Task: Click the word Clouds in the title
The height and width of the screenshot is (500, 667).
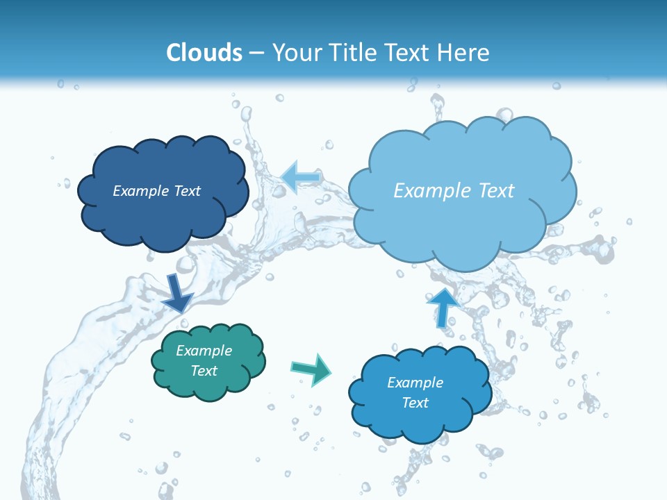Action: [x=204, y=53]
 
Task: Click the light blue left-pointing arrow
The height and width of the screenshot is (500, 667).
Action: [x=300, y=177]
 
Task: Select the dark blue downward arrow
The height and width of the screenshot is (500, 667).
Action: [x=177, y=292]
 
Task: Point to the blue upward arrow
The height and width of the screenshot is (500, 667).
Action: [x=443, y=306]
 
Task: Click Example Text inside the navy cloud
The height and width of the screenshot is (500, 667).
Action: [x=156, y=191]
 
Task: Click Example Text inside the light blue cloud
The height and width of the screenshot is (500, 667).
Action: [x=454, y=191]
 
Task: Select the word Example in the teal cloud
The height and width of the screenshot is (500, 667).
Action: [x=204, y=351]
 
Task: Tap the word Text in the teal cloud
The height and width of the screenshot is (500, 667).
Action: [x=204, y=371]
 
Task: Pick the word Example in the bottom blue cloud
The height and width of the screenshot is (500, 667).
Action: [x=415, y=383]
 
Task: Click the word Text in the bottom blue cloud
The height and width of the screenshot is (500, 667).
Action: [x=415, y=403]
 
